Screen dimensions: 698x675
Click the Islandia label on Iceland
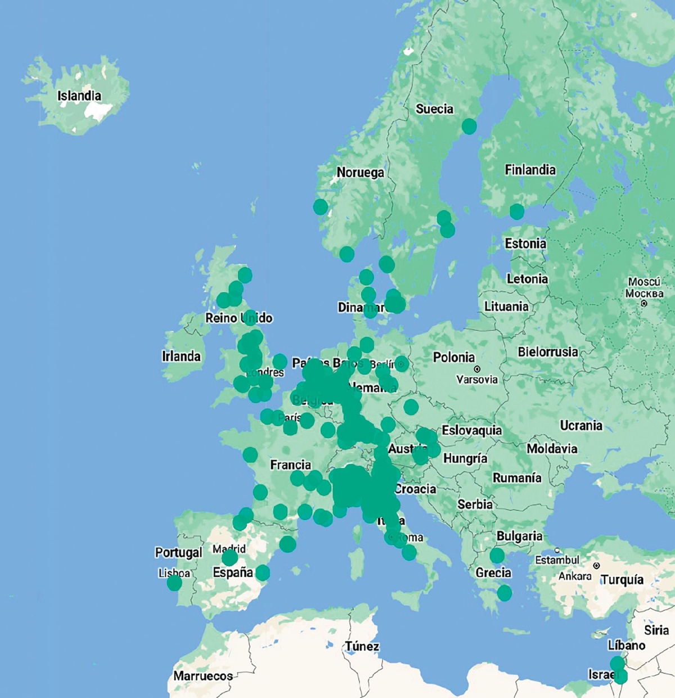[x=79, y=96]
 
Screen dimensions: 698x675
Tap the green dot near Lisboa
[x=174, y=583]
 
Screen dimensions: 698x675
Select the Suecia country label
[x=434, y=109]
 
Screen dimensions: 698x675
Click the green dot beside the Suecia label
[x=469, y=127]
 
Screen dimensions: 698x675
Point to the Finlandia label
[x=530, y=170]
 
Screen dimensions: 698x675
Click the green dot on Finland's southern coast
[x=516, y=211]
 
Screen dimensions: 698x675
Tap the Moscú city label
[x=644, y=282]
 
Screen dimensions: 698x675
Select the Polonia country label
[x=454, y=358]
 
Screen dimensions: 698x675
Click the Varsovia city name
[x=477, y=380]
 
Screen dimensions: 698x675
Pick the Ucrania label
[x=581, y=426]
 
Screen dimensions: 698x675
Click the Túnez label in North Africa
[x=362, y=646]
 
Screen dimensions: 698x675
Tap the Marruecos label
[x=203, y=676]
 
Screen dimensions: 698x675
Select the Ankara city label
[x=575, y=577]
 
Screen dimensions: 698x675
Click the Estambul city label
[x=557, y=560]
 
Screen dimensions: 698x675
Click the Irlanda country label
[x=181, y=357]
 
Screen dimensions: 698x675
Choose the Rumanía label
[x=517, y=478]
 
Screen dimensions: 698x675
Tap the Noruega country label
[x=360, y=173]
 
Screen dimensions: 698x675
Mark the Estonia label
[x=525, y=244]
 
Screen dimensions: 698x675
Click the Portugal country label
[x=178, y=553]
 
